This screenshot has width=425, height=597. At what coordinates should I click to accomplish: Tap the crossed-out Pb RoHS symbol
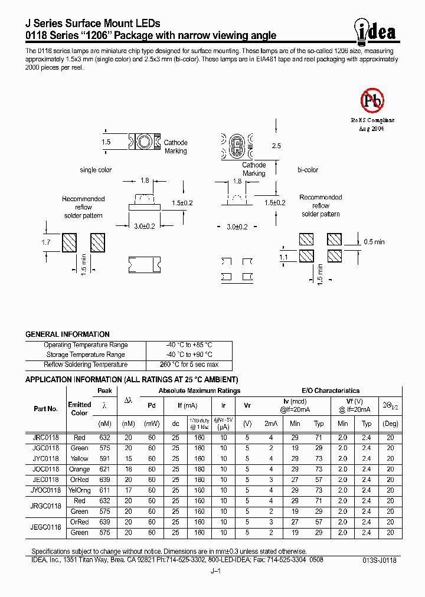[x=372, y=100]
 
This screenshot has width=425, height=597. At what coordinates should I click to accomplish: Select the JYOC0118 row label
[x=45, y=490]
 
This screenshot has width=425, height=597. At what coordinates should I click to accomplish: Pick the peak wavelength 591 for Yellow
[x=105, y=459]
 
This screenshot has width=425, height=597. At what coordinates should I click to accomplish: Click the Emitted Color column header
[x=79, y=408]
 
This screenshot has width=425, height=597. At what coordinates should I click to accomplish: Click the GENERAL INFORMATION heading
[x=67, y=334]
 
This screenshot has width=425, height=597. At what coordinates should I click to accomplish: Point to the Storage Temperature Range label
[x=86, y=355]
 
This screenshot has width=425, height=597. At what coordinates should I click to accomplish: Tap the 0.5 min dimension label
[x=374, y=242]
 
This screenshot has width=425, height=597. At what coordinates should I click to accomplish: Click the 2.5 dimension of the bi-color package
[x=276, y=145]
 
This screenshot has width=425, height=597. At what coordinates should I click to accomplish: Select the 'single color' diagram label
[x=96, y=170]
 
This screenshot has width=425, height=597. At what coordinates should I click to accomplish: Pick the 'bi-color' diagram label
[x=308, y=170]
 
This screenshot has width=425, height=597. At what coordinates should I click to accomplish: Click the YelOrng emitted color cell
[x=79, y=490]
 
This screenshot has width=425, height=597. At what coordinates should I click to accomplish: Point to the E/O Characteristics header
[x=330, y=391]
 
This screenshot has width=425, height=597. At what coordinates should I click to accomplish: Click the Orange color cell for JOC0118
[x=79, y=470]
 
